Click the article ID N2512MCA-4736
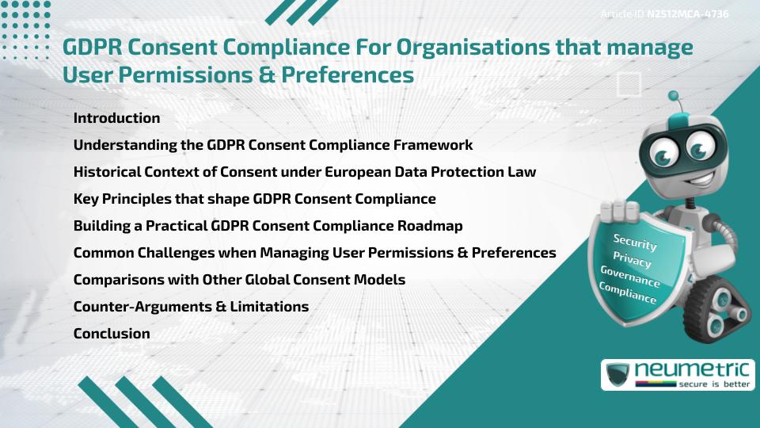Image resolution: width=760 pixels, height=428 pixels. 687,14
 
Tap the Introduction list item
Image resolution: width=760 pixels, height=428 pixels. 116,118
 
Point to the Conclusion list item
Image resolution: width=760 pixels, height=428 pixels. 112,334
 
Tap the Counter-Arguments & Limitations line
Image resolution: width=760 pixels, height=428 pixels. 191,307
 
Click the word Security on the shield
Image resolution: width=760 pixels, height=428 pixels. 635,242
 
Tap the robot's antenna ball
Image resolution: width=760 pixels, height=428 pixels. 674,97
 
